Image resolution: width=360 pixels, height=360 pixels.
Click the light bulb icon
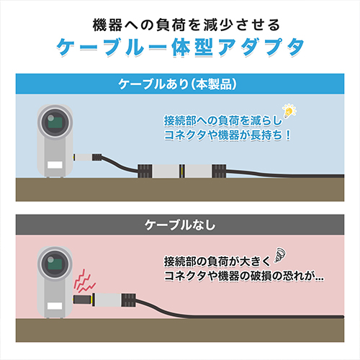click(x=289, y=111)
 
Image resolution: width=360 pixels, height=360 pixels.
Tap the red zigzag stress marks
click(x=85, y=282)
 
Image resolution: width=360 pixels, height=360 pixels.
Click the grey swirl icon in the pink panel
click(x=280, y=255)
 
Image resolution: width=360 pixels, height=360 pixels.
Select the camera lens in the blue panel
click(x=55, y=122)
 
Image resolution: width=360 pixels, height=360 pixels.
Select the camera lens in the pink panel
click(x=55, y=264)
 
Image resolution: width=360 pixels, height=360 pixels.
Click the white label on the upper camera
click(x=55, y=165)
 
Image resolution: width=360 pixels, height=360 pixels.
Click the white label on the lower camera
click(x=55, y=306)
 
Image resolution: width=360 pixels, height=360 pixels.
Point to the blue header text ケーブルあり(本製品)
click(x=178, y=84)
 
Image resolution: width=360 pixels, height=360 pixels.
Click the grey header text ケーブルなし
click(x=180, y=225)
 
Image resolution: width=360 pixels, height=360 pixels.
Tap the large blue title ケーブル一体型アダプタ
click(x=180, y=47)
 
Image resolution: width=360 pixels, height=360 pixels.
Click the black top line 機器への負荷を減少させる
click(x=186, y=25)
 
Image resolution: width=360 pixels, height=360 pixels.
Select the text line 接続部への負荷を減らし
click(x=223, y=120)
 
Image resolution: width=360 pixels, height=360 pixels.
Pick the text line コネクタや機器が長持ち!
click(x=228, y=135)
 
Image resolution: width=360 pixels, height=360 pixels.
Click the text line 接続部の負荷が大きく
click(x=217, y=261)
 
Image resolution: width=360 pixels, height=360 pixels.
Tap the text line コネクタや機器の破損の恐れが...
click(x=244, y=276)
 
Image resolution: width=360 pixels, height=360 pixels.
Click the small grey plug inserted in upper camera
click(x=83, y=158)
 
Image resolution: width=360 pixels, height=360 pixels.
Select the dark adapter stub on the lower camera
click(x=82, y=300)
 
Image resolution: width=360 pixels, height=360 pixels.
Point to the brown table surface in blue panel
click(x=180, y=189)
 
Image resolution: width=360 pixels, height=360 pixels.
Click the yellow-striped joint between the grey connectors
click(x=183, y=171)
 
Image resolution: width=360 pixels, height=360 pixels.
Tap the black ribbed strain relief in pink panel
click(x=129, y=300)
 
